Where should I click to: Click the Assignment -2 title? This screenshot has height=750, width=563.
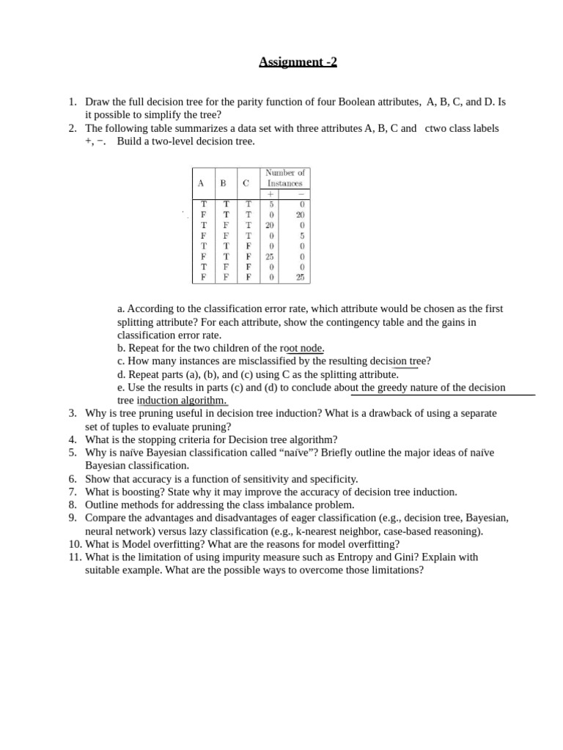[298, 62]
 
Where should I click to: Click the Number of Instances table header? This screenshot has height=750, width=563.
[284, 178]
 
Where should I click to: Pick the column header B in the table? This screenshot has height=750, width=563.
[223, 183]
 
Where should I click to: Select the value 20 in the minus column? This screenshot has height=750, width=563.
[300, 215]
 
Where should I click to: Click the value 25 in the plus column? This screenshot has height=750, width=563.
[270, 257]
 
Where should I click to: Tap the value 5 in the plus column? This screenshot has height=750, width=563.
[271, 205]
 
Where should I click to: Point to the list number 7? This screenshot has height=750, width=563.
[73, 492]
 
